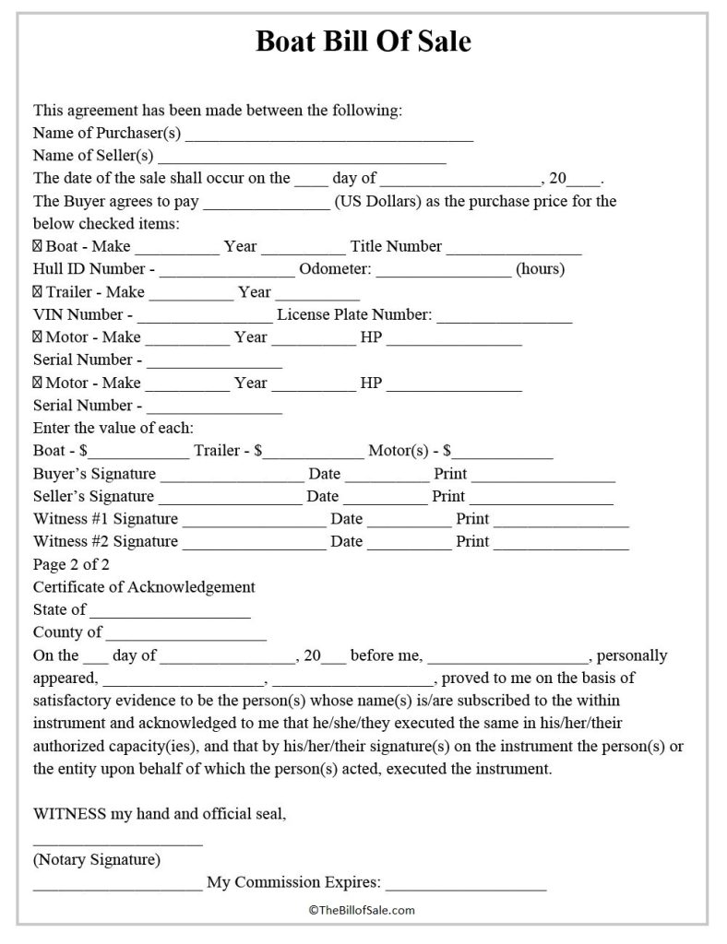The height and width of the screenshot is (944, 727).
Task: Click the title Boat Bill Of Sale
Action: coord(363,42)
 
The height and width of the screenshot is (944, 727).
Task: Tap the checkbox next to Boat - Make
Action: coord(38,247)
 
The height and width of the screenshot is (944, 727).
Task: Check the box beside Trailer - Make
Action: coord(38,292)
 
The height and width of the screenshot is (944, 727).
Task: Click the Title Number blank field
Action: coord(515,250)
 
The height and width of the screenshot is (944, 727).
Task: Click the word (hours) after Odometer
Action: coord(540,269)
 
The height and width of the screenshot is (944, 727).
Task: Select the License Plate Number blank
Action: coord(505,318)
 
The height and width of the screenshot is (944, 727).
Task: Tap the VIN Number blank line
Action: coord(204,318)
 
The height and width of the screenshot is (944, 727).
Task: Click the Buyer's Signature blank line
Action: coord(232,478)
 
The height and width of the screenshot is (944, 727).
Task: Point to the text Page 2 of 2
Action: coord(71,564)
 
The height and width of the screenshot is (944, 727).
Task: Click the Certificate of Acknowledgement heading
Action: coord(144,587)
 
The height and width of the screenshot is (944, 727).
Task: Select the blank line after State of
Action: coord(171,613)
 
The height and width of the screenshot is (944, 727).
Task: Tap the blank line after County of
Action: coord(186,636)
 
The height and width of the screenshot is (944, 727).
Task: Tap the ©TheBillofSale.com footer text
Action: coord(363,910)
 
